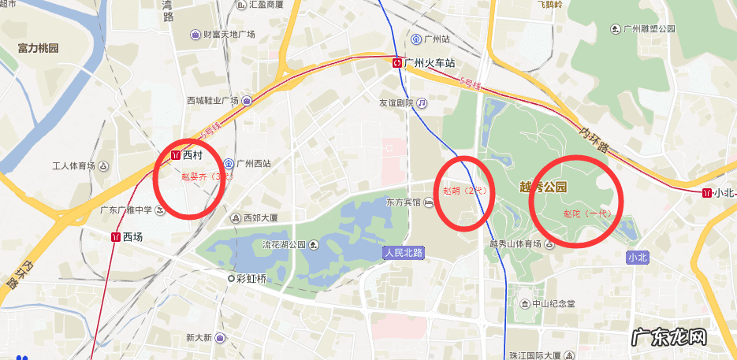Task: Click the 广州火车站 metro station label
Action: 430,62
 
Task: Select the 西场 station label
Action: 132,236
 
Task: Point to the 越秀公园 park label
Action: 544,187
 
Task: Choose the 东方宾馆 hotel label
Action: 404,203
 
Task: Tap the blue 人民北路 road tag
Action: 404,253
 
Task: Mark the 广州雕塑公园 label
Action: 649,29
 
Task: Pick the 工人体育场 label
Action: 73,165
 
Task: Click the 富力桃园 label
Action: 38,48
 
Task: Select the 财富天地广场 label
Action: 229,35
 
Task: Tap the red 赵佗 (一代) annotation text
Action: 587,213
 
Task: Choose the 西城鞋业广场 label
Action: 212,100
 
